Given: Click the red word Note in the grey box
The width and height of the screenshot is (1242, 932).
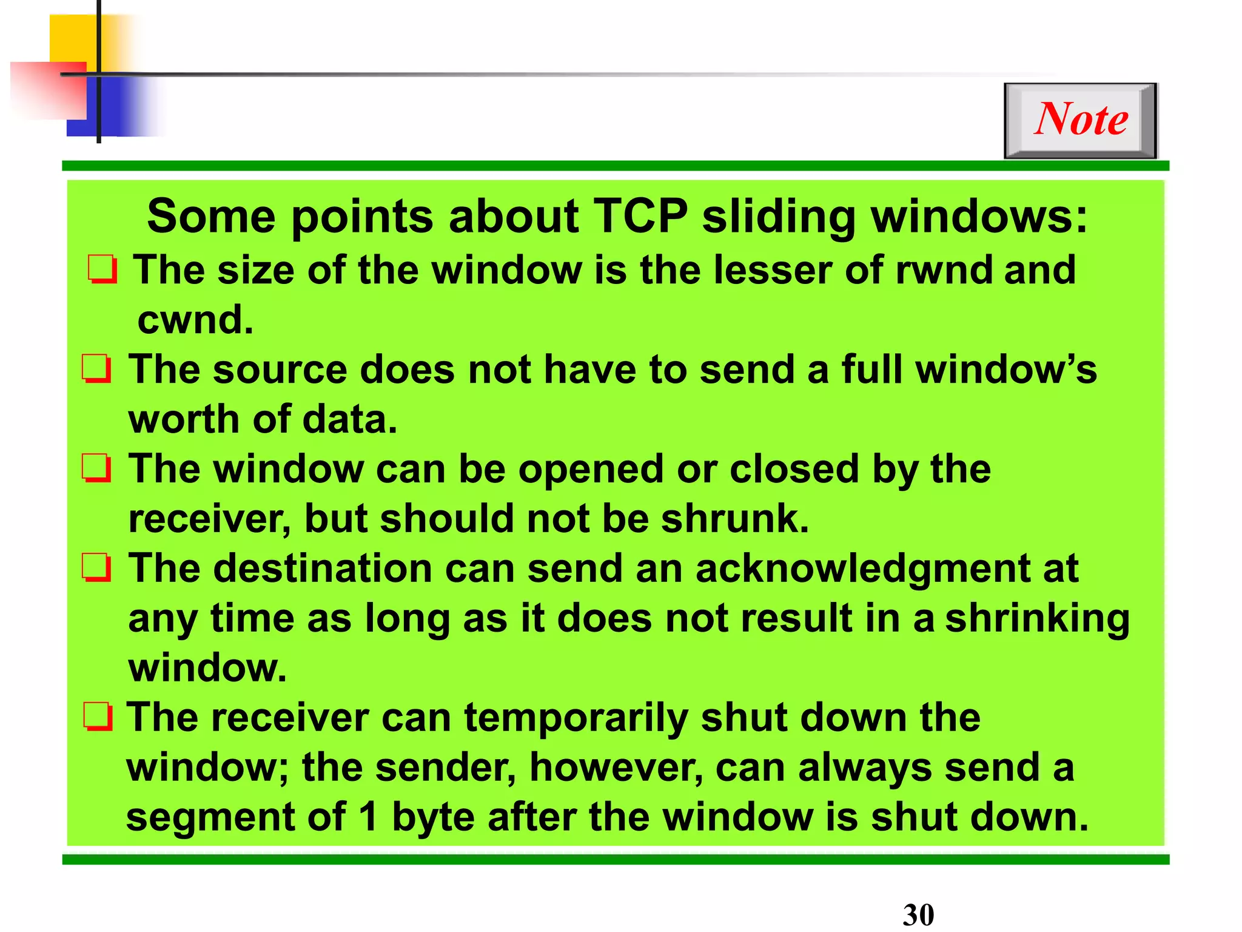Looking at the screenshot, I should pos(1081,119).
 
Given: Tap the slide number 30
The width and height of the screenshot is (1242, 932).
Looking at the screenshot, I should pos(918,914).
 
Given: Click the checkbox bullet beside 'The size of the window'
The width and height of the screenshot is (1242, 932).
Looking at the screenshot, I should pos(102,269).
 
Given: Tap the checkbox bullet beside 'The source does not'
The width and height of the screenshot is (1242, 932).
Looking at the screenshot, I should pos(97,369).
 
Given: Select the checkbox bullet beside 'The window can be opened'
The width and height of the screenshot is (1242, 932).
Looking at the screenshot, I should pos(97,468).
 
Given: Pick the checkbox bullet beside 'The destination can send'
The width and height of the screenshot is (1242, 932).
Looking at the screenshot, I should pos(97,568).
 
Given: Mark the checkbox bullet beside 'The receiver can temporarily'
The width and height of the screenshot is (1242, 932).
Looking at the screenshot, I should pos(98,717).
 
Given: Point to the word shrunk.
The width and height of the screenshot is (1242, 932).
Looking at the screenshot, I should pos(734,519).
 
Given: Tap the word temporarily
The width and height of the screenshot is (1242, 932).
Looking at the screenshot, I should pos(576,718).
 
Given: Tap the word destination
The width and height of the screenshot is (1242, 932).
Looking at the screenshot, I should pos(322,569).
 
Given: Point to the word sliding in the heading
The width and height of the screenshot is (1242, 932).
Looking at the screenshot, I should pos(779,217).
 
